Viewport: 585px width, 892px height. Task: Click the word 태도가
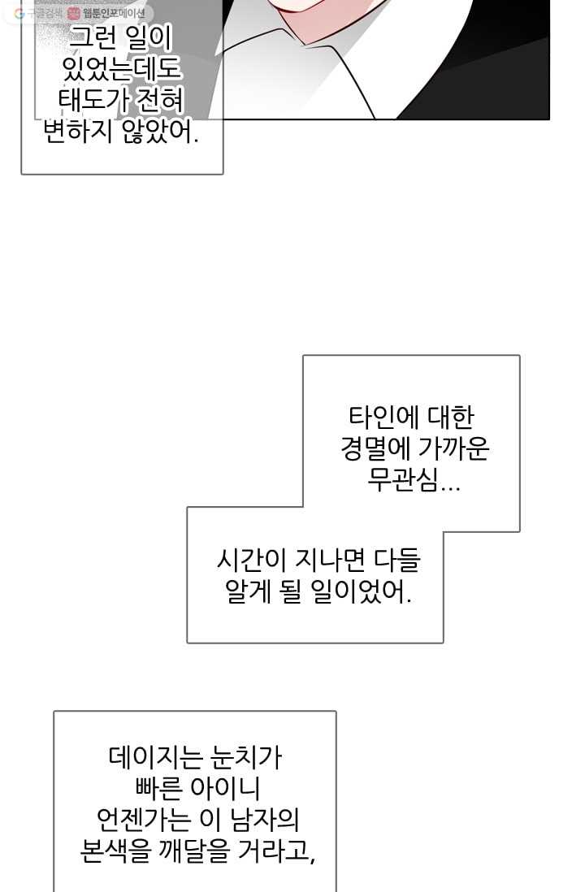pos(94,102)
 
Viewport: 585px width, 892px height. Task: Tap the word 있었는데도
pos(121,69)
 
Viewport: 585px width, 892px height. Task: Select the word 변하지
pos(78,132)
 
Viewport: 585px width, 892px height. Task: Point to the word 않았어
pos(161,132)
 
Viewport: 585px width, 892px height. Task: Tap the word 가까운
pos(453,448)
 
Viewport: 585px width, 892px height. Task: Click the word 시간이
pos(252,561)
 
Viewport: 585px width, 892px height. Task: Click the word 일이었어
pos(362,591)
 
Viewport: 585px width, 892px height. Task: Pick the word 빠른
pos(159,789)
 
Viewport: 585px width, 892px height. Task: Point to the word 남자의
pos(265,820)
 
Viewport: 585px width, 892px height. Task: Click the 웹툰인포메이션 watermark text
pos(114,13)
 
